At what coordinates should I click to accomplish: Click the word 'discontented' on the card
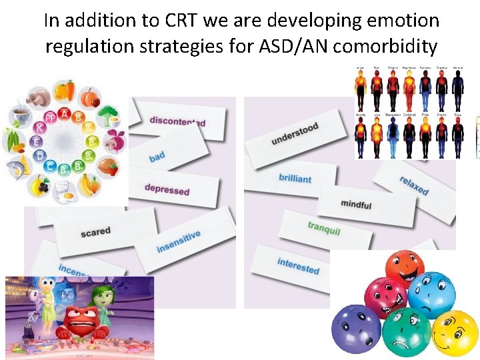point(177,121)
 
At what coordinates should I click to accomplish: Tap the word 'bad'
point(157,157)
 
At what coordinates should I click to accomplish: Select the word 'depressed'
point(167,189)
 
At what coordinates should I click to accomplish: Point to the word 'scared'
point(95,232)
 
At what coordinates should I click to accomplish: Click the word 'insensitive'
point(178,241)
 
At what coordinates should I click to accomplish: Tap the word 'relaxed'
point(414,185)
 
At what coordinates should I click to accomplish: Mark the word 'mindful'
point(356,204)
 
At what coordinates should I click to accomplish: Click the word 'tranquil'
point(324,228)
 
